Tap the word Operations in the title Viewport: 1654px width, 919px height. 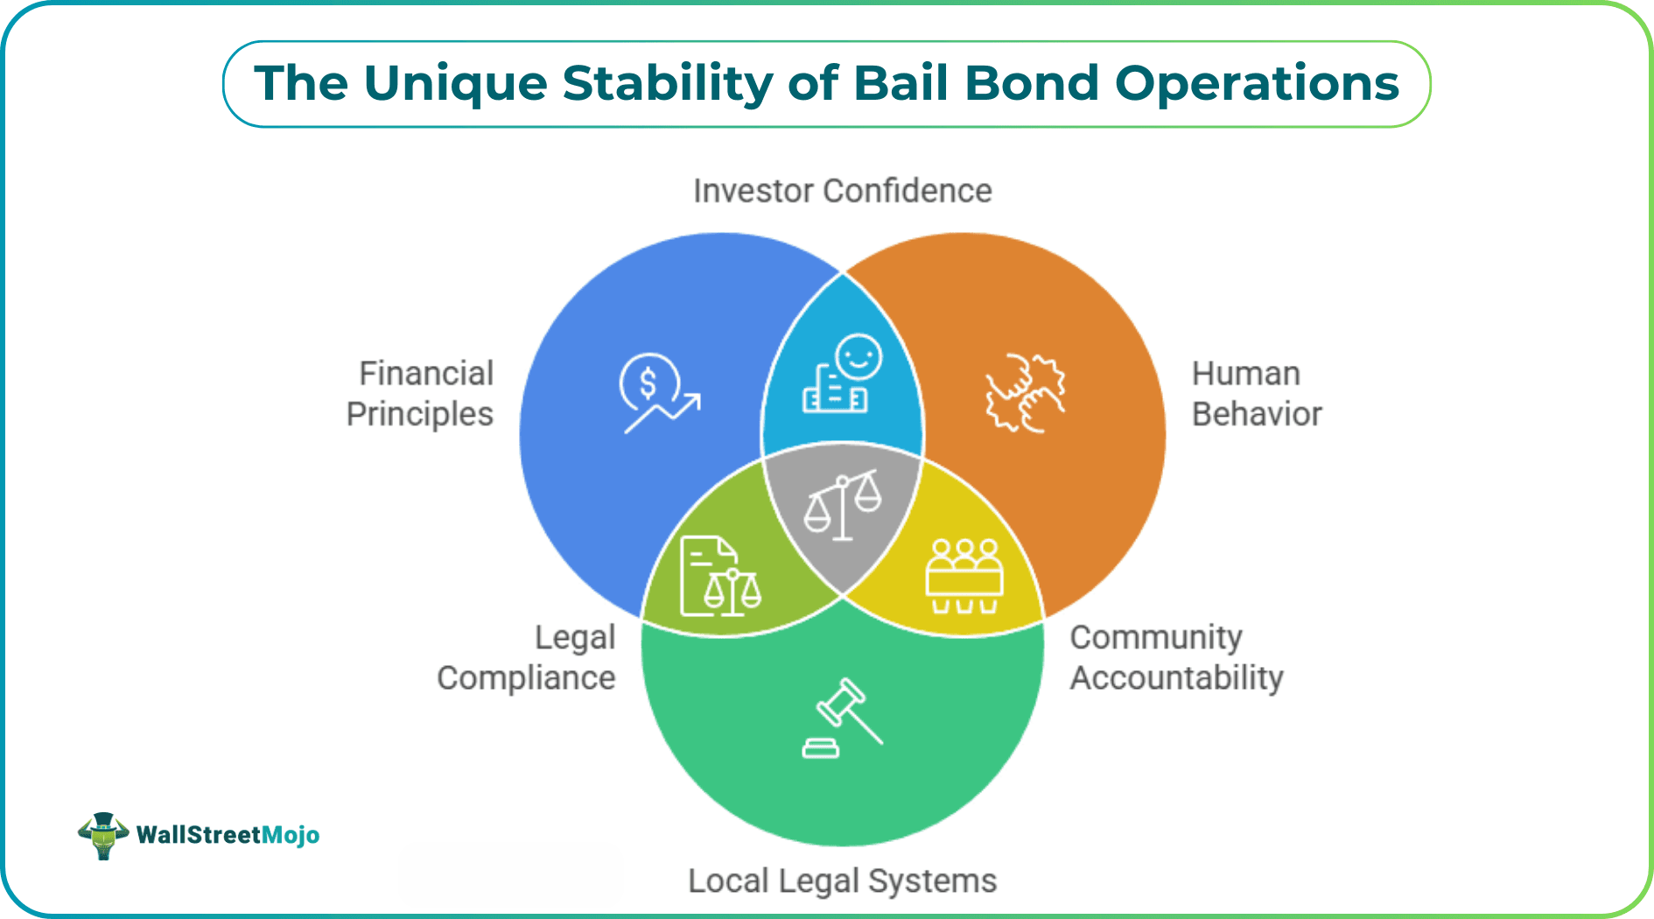[x=1257, y=84]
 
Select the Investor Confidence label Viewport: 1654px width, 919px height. [x=842, y=191]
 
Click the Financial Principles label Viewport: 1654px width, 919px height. [x=421, y=394]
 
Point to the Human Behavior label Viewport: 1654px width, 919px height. [x=1256, y=394]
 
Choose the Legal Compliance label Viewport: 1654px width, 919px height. [x=527, y=658]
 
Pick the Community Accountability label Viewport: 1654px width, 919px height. [x=1176, y=658]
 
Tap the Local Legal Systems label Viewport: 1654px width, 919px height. [x=842, y=880]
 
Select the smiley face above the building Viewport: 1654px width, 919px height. [x=859, y=357]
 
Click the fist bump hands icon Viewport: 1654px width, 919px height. [x=1025, y=393]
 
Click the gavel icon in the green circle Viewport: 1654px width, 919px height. [x=845, y=711]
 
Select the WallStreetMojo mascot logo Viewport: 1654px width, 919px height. [x=103, y=835]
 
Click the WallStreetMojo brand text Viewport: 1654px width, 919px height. [x=228, y=835]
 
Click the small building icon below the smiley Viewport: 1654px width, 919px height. [x=833, y=392]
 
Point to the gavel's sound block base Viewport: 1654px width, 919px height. [x=821, y=748]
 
